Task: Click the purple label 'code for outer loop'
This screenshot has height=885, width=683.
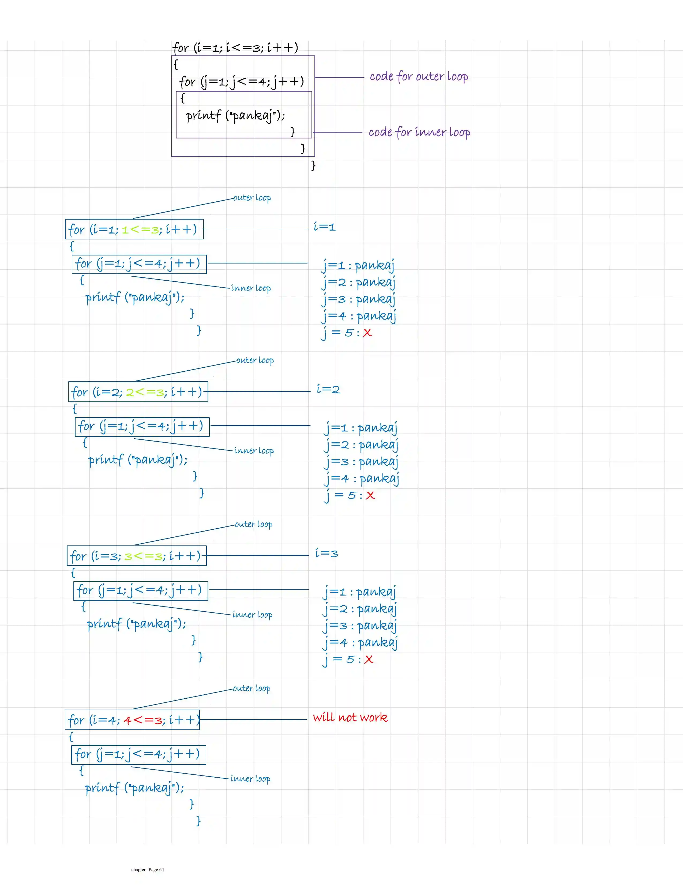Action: pyautogui.click(x=419, y=77)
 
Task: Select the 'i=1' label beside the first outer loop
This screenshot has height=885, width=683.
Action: pyautogui.click(x=324, y=227)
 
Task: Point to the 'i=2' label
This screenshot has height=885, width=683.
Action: pyautogui.click(x=328, y=389)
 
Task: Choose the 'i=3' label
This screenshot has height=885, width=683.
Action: pyautogui.click(x=326, y=553)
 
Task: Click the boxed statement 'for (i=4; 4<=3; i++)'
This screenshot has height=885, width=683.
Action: pyautogui.click(x=133, y=720)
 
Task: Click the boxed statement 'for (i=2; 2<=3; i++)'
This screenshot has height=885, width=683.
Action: pyautogui.click(x=138, y=392)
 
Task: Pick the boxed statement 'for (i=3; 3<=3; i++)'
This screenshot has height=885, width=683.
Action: pyautogui.click(x=137, y=556)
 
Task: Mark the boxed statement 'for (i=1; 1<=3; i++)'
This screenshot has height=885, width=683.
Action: pyautogui.click(x=134, y=229)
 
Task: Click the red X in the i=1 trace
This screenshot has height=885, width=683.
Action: pyautogui.click(x=367, y=333)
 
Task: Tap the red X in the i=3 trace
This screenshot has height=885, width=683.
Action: pyautogui.click(x=369, y=659)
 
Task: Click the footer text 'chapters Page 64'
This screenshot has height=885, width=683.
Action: pyautogui.click(x=148, y=869)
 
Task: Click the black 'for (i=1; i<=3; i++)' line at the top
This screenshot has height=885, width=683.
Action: pyautogui.click(x=235, y=48)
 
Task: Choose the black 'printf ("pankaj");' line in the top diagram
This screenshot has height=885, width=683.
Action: pyautogui.click(x=235, y=116)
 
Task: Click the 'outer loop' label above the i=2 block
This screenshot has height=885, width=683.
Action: pyautogui.click(x=255, y=360)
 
